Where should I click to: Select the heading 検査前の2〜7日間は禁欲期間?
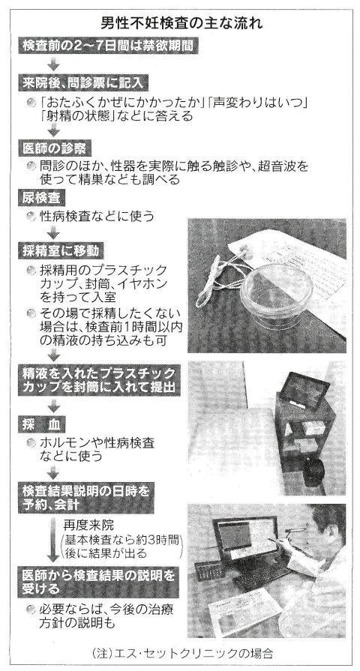pos(108,46)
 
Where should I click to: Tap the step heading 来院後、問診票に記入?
pos(83,82)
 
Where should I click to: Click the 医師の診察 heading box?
pos(54,148)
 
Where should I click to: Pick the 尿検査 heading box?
pos(42,199)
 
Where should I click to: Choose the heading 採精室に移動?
pos(61,250)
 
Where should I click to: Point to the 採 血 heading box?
pos(42,424)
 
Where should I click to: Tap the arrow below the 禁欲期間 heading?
pos(53,64)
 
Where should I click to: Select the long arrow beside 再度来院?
pos(53,540)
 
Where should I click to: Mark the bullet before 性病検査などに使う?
pos(31,217)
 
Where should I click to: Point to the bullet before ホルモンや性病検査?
pos(31,443)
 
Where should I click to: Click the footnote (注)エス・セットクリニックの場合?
pos(181,654)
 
